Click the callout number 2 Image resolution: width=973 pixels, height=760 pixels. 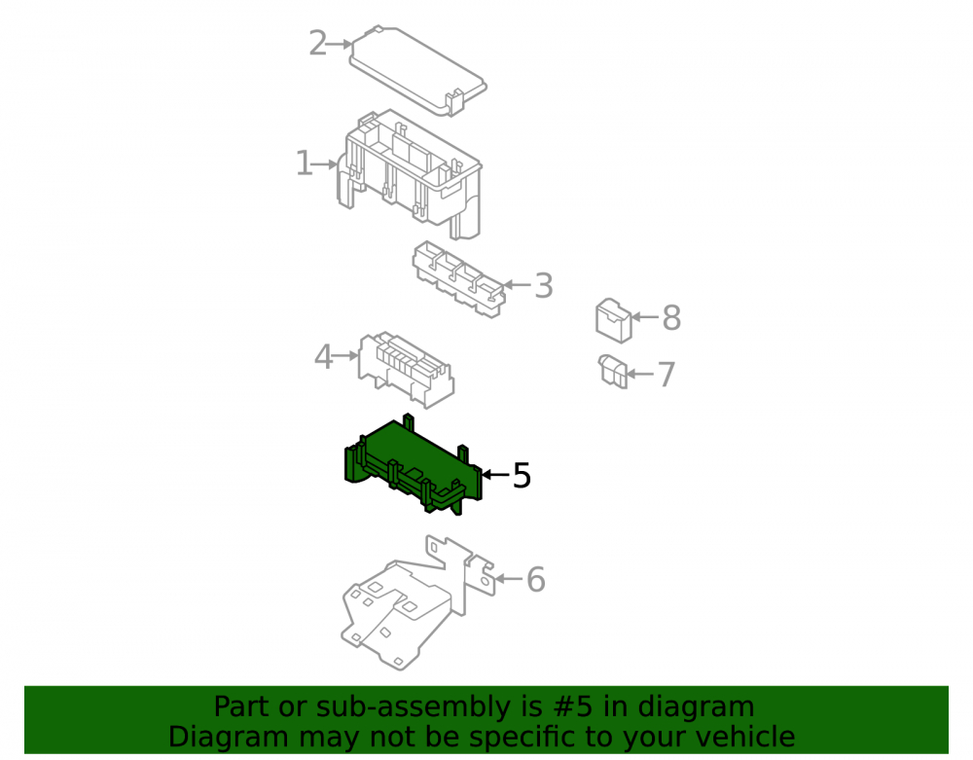coord(318,44)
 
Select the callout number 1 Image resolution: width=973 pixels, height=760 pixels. coord(304,163)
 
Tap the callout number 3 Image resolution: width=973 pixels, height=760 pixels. coord(544,285)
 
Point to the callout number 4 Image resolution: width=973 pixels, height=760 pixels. coord(323,357)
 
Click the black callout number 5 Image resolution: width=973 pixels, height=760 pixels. coord(522,475)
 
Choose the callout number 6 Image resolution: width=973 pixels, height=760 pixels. coord(535,579)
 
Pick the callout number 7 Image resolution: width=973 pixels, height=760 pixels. coord(666,374)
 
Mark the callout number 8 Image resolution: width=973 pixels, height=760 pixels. coord(671,317)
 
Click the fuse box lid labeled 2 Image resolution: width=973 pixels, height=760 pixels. coord(418,70)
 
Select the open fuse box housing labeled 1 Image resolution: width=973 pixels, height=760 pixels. coord(410,174)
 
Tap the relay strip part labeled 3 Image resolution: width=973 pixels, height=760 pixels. coord(458,279)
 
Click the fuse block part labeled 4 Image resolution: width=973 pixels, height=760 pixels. coord(406,369)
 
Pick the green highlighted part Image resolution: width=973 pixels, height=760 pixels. coord(413,464)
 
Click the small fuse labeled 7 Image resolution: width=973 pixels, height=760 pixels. coord(613,371)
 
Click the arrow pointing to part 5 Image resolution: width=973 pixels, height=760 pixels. coord(496,475)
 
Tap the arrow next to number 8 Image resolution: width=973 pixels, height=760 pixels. coord(645,317)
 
